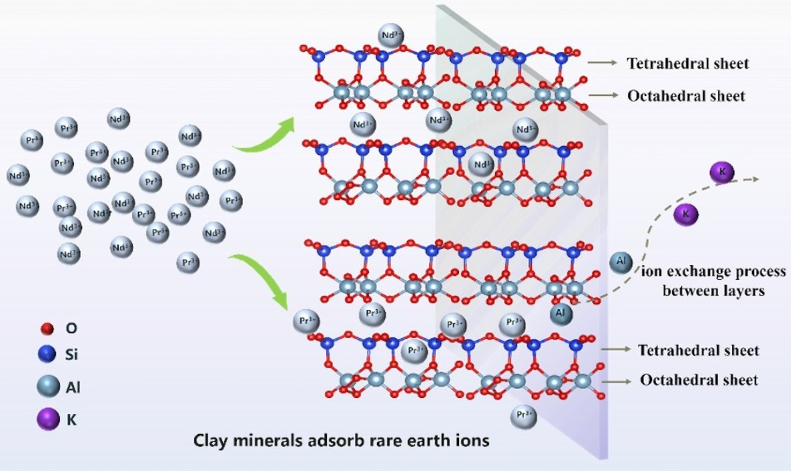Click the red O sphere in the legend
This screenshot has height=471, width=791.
click(46, 328)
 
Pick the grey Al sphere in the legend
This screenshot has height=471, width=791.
click(46, 386)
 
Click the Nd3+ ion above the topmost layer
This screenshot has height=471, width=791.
click(391, 36)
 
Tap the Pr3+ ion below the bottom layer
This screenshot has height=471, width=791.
click(523, 416)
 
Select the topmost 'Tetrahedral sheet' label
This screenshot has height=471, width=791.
click(688, 64)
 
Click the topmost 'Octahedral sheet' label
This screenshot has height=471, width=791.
click(686, 96)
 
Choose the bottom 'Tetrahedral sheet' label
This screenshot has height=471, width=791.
click(698, 350)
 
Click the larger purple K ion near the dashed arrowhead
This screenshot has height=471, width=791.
click(722, 173)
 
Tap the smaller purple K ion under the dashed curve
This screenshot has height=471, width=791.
click(685, 213)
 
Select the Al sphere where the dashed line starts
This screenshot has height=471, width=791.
click(562, 313)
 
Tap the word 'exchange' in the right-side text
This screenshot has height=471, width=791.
click(698, 272)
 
